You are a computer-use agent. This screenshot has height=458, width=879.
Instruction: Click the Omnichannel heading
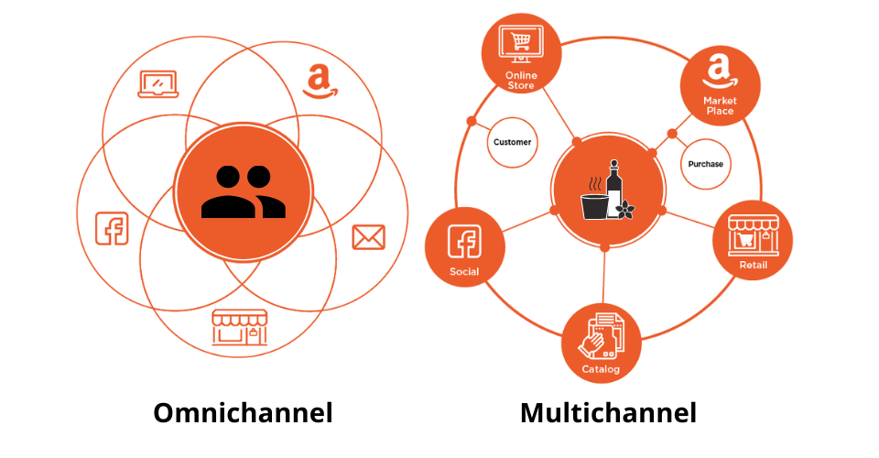click(243, 413)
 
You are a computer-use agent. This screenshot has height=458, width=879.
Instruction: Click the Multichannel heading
click(608, 413)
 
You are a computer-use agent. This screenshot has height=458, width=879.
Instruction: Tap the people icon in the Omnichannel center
click(244, 191)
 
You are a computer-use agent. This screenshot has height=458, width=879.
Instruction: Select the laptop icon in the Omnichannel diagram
click(158, 84)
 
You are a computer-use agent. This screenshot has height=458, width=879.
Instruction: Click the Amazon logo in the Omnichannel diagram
click(320, 82)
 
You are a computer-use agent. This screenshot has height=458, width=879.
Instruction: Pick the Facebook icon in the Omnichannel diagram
click(112, 228)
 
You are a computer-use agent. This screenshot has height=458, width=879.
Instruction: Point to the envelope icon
click(368, 237)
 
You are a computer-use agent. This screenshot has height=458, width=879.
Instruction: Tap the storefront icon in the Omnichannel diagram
click(239, 327)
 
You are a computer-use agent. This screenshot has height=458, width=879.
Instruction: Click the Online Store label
click(521, 81)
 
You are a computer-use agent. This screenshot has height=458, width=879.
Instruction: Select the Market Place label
click(720, 105)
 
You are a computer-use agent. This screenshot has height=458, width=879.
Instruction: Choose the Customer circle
click(512, 142)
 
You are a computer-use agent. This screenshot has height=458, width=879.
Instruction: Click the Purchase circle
click(705, 164)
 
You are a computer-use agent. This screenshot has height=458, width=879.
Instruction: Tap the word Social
click(464, 272)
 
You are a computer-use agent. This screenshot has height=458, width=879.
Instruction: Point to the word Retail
click(753, 265)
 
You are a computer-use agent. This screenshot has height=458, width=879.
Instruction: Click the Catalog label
click(601, 369)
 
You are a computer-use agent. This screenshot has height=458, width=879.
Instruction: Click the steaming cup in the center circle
click(594, 200)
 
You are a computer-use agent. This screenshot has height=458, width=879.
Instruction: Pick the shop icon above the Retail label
click(753, 235)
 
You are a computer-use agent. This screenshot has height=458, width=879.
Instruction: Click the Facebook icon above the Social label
click(464, 242)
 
